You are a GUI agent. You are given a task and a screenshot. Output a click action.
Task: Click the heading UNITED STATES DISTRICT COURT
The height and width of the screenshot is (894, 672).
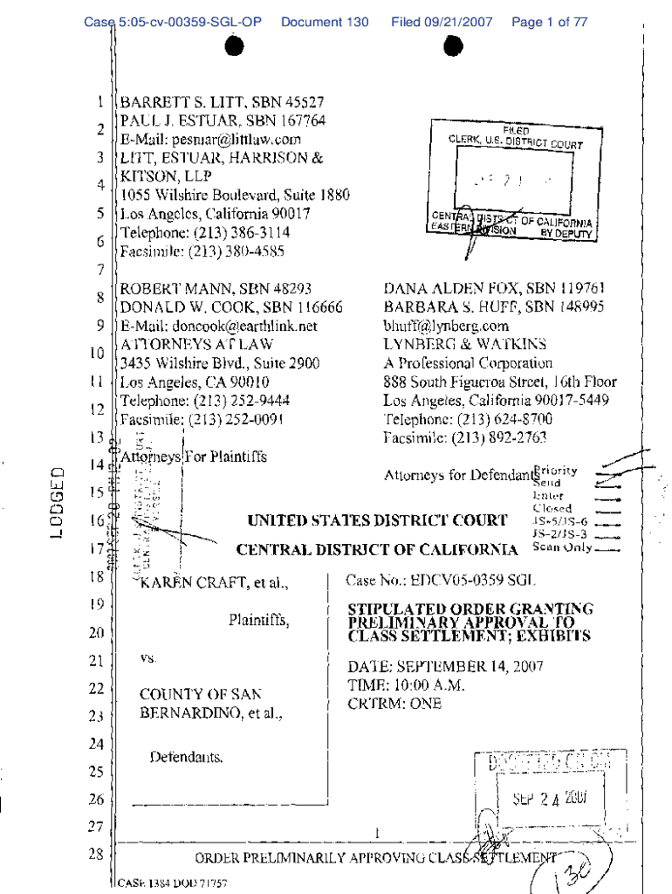(x=377, y=521)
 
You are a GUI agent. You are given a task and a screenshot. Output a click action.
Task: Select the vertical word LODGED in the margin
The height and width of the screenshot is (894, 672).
(x=58, y=515)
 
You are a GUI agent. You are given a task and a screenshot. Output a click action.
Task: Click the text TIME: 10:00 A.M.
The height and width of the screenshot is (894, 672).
(x=406, y=685)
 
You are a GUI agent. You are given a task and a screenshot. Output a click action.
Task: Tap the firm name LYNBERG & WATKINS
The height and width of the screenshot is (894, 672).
(x=464, y=345)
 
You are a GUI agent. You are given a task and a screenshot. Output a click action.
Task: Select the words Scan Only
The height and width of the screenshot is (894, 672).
(x=562, y=548)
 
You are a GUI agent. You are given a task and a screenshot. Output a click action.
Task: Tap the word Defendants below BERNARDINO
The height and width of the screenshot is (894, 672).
(x=186, y=757)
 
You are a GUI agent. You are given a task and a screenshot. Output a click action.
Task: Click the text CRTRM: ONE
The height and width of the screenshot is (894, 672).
(x=394, y=704)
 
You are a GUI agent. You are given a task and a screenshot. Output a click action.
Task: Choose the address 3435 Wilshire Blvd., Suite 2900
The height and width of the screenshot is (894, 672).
(x=220, y=363)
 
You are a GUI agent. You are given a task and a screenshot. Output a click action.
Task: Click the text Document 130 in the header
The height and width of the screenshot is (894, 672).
(x=325, y=23)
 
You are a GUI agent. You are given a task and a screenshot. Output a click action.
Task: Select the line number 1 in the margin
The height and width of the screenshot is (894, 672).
(x=100, y=102)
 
